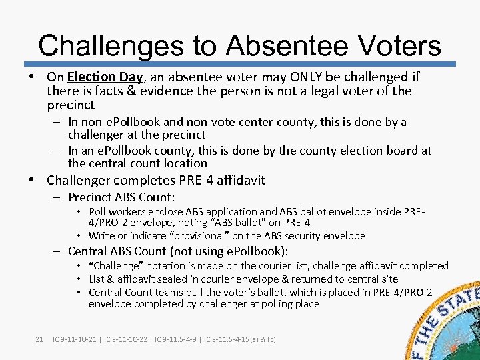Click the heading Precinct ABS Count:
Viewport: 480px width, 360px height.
[121, 197]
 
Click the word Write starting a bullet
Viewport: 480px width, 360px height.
[102, 235]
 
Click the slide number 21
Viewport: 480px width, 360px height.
[39, 339]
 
